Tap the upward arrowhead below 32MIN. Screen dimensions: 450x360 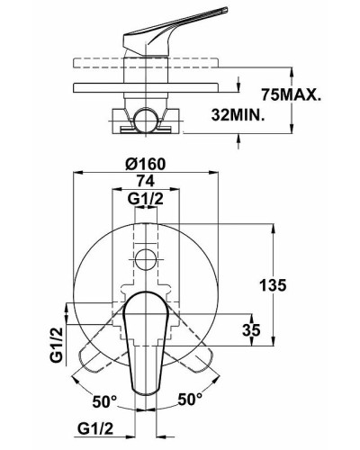coord(238,135)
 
